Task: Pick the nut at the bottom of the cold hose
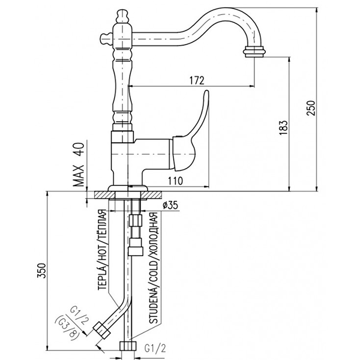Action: [127, 347]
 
